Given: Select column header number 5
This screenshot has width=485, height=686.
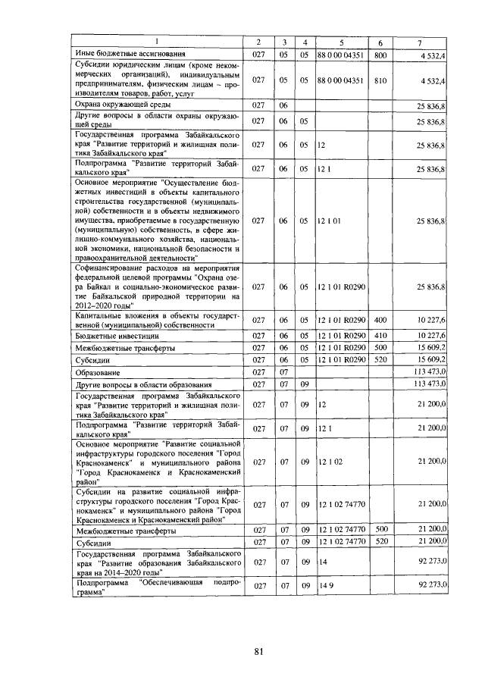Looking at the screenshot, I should pyautogui.click(x=341, y=41).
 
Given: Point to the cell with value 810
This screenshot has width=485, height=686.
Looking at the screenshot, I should pyautogui.click(x=380, y=80).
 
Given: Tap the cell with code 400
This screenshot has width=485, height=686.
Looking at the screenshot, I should pyautogui.click(x=380, y=321).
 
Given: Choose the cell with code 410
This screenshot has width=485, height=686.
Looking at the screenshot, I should pyautogui.click(x=380, y=334).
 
